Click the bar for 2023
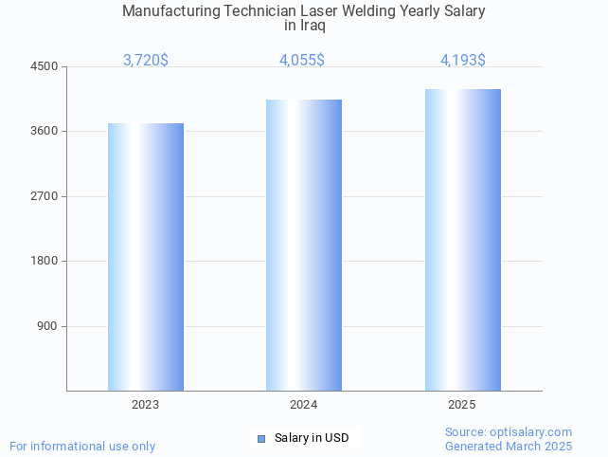(x=146, y=257)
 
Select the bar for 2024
(x=304, y=245)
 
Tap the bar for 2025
(x=462, y=240)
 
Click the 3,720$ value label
(x=146, y=61)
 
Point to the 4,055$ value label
(x=302, y=61)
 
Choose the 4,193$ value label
(x=463, y=61)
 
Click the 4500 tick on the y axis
(x=45, y=66)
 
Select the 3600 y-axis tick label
(x=45, y=131)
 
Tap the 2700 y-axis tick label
(x=45, y=196)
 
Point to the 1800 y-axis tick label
(x=45, y=261)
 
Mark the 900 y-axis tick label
(x=47, y=326)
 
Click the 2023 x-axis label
(x=146, y=405)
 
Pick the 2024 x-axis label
(x=304, y=405)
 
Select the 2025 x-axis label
(x=462, y=405)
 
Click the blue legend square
(x=262, y=438)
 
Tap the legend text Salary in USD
(x=312, y=438)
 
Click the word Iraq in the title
(x=312, y=26)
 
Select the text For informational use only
(x=82, y=446)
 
